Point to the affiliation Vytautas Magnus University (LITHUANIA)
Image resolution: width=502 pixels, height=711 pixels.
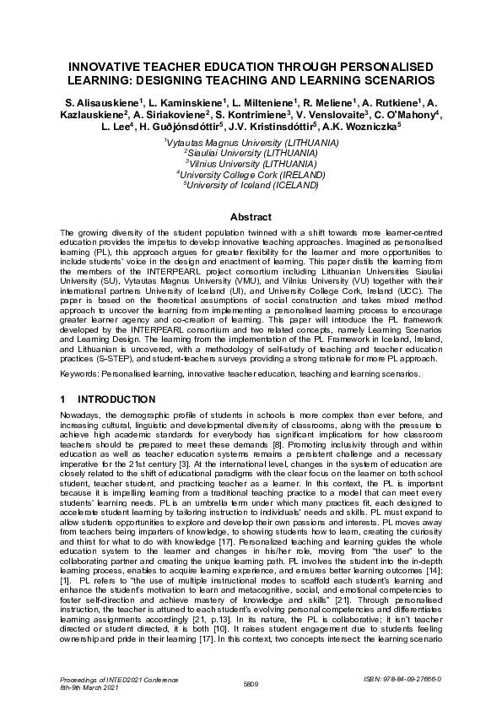251,144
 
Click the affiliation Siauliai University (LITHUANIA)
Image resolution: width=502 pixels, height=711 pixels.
251,154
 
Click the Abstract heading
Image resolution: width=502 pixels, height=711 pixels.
251,216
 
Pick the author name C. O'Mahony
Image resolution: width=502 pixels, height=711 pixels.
401,114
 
